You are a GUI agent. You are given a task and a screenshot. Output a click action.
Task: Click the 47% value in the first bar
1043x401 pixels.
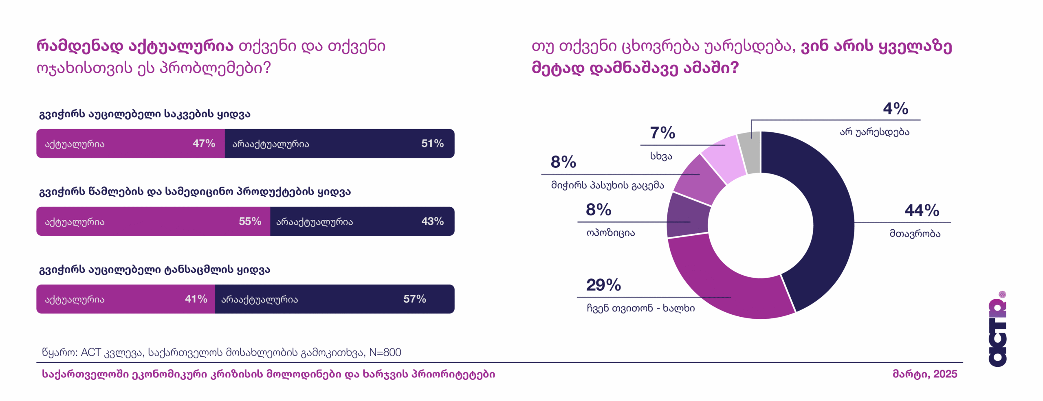(x=204, y=143)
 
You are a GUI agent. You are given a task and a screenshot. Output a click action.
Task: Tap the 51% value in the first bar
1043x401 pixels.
(x=432, y=143)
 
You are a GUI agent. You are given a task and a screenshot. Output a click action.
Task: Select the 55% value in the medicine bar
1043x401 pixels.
(x=250, y=221)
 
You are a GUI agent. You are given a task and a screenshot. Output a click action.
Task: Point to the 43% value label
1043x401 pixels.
(x=432, y=221)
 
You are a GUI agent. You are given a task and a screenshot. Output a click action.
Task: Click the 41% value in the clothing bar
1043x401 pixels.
(x=196, y=299)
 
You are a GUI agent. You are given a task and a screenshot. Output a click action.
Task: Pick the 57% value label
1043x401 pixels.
(x=414, y=299)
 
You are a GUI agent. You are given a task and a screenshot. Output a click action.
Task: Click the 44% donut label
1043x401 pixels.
(x=922, y=210)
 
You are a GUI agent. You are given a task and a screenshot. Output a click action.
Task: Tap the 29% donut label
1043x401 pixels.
(x=603, y=285)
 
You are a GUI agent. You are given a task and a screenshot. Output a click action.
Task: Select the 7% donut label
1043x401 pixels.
(x=662, y=133)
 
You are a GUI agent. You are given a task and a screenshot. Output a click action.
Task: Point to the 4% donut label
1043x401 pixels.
(x=896, y=109)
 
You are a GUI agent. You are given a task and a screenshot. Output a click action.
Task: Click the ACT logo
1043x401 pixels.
(x=997, y=330)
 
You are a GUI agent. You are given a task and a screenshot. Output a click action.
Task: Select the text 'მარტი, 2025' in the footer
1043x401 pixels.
(x=924, y=374)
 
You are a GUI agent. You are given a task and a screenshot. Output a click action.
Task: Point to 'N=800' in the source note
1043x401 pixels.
(x=385, y=352)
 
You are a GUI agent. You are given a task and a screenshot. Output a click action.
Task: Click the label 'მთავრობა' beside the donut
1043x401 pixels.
(x=915, y=234)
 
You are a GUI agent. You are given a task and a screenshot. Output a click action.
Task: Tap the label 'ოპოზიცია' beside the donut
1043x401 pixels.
(x=610, y=233)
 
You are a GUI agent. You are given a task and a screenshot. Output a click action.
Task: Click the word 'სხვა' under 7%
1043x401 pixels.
(x=661, y=156)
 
